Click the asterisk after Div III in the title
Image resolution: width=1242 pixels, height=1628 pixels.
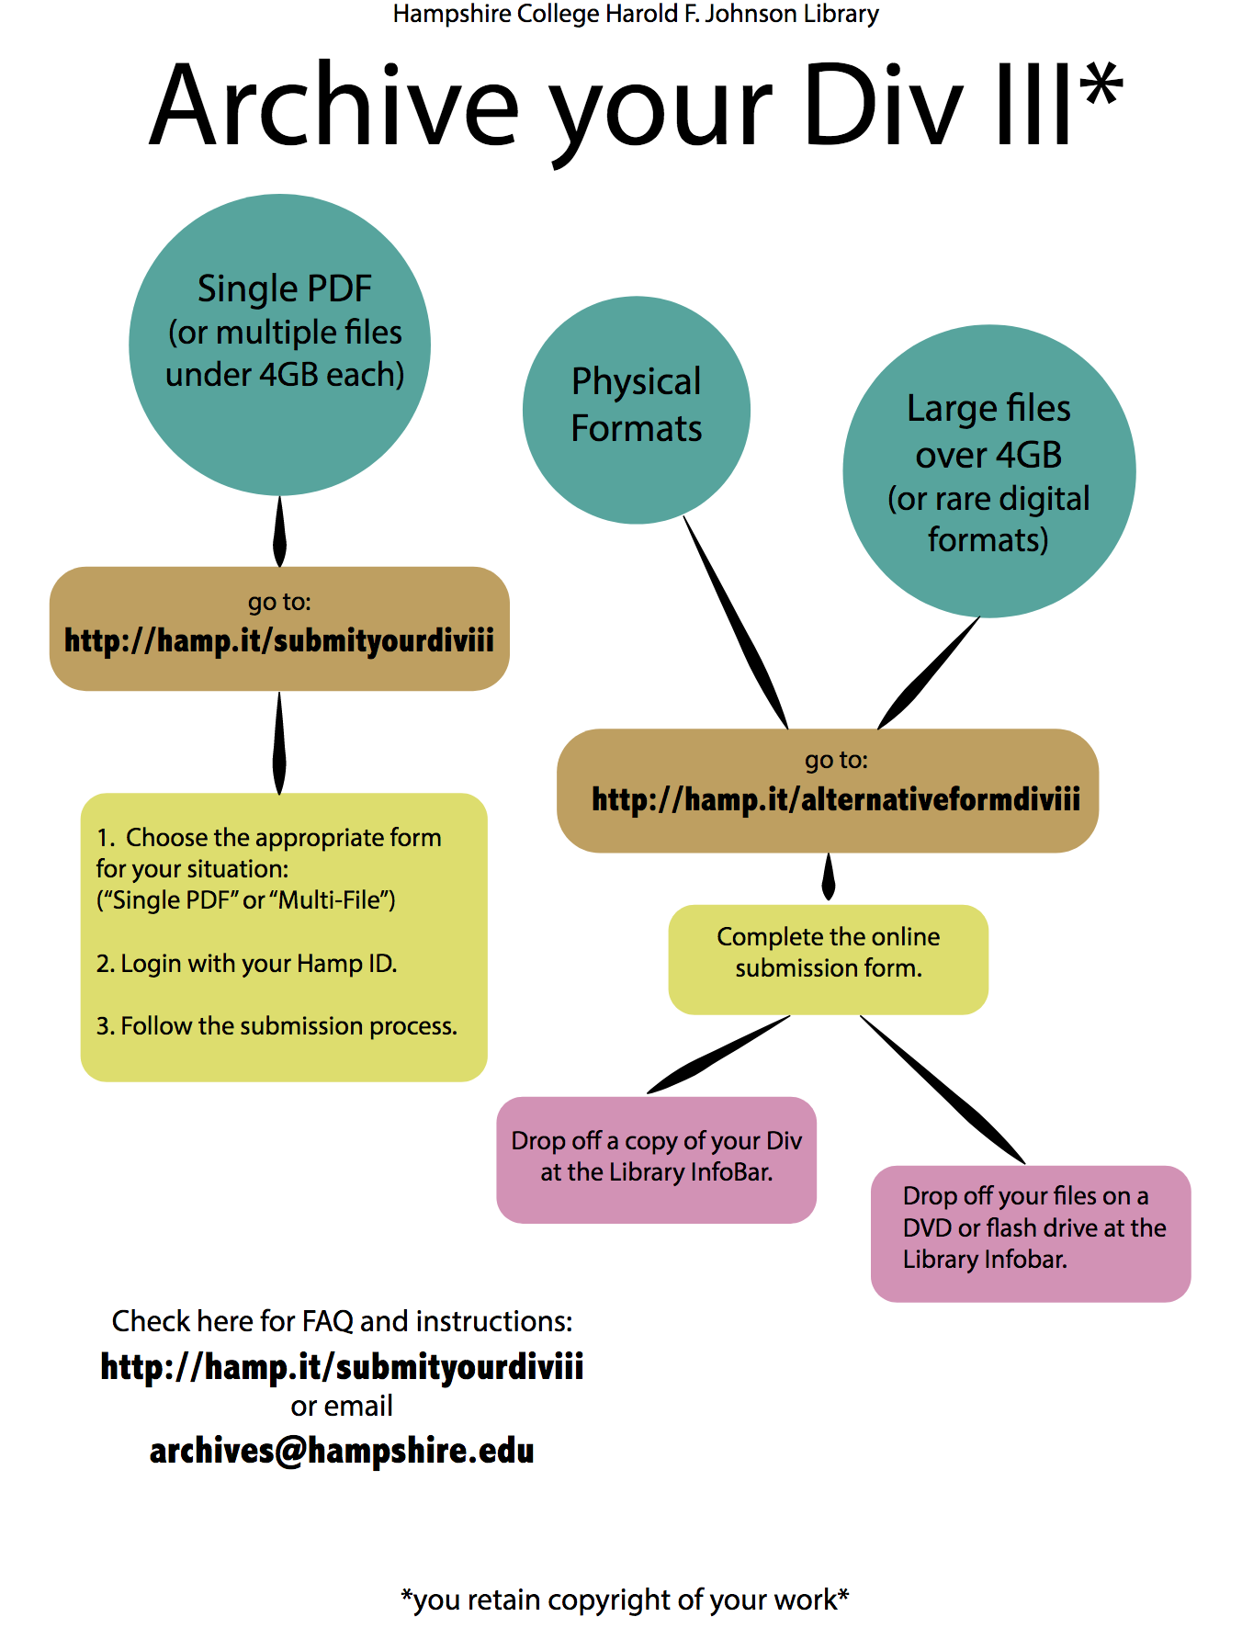pyautogui.click(x=1101, y=85)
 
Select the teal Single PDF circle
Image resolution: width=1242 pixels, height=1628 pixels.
pyautogui.click(x=280, y=345)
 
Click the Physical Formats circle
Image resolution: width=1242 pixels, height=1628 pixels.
pyautogui.click(x=637, y=410)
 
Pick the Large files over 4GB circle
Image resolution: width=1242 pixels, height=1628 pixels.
pyautogui.click(x=988, y=471)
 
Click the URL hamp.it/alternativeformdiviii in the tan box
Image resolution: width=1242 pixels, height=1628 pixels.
pyautogui.click(x=835, y=799)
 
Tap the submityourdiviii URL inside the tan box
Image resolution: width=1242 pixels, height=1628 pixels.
pyautogui.click(x=279, y=640)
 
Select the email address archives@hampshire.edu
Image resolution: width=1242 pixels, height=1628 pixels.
pyautogui.click(x=342, y=1451)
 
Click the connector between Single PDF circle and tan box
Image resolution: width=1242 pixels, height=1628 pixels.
pyautogui.click(x=280, y=532)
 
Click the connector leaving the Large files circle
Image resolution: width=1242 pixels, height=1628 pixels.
pyautogui.click(x=928, y=673)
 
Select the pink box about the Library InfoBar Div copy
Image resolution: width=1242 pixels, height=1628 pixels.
pyautogui.click(x=656, y=1159)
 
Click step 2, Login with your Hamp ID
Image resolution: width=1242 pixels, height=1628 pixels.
pyautogui.click(x=246, y=964)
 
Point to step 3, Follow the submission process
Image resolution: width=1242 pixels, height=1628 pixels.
pyautogui.click(x=277, y=1026)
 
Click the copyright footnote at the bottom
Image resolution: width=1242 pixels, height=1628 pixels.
pyautogui.click(x=625, y=1600)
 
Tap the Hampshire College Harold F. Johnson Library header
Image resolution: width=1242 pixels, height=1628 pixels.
pyautogui.click(x=636, y=14)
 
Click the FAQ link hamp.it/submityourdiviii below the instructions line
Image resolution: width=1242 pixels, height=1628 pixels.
pyautogui.click(x=342, y=1366)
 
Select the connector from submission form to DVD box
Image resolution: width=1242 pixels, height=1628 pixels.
pyautogui.click(x=942, y=1090)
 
